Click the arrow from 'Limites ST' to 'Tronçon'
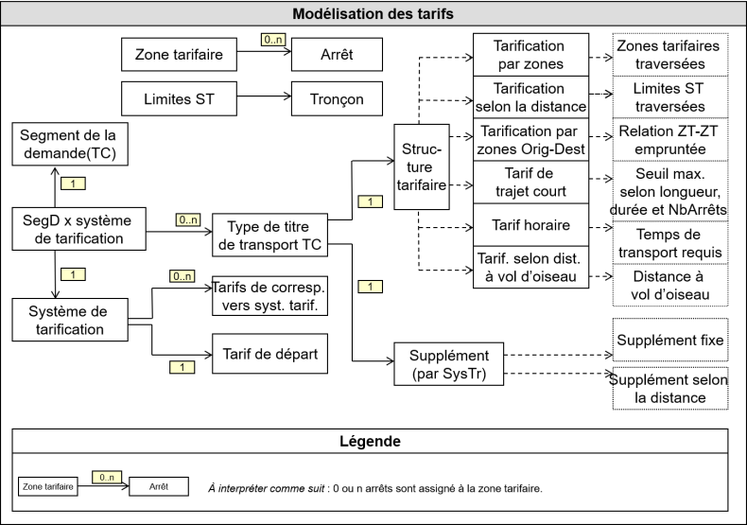255,99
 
